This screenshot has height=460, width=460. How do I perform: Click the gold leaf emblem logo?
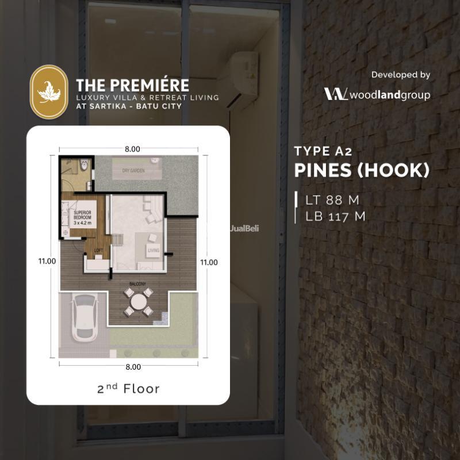49,91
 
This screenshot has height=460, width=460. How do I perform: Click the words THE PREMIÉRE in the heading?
133,86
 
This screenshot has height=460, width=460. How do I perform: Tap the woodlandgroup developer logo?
377,94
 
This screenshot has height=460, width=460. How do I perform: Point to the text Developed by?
401,75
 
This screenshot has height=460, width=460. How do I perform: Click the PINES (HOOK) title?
362,171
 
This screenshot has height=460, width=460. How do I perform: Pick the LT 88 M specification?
333,200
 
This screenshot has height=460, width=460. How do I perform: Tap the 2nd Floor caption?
128,389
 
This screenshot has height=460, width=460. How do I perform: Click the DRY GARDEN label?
133,171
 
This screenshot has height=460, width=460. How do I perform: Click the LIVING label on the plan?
153,250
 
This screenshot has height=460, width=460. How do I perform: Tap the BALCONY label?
137,283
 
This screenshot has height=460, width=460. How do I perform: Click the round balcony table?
139,302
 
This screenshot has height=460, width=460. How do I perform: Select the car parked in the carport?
83,319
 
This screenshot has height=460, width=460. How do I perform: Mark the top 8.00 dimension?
132,149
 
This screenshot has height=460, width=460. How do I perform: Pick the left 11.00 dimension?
47,260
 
